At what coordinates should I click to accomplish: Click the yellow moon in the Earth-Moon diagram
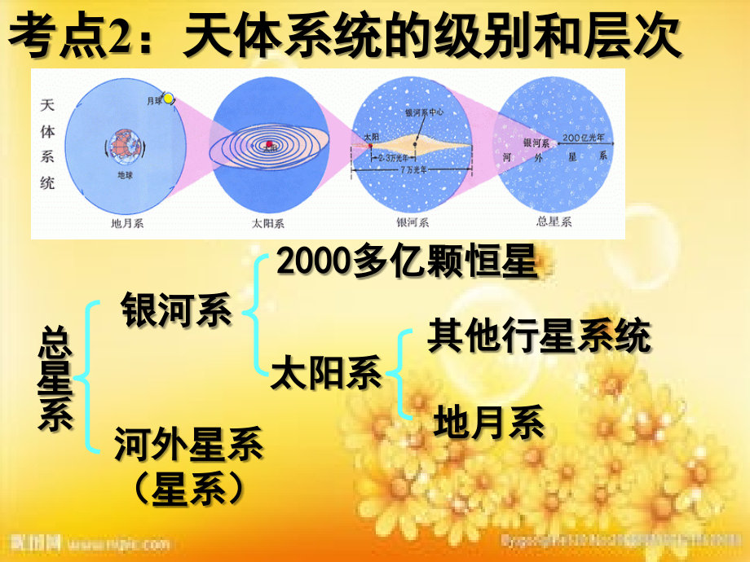pyautogui.click(x=169, y=99)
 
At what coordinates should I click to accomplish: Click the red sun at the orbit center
pyautogui.click(x=267, y=147)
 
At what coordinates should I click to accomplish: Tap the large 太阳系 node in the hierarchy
pyautogui.click(x=325, y=374)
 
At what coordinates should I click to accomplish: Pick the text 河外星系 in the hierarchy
pyautogui.click(x=188, y=445)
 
